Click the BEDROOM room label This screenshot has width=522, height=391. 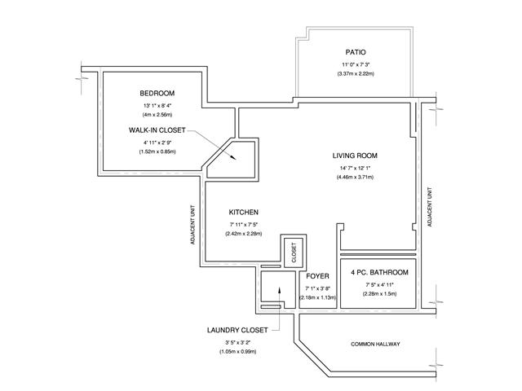[x=157, y=93]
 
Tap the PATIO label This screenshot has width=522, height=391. [x=356, y=52]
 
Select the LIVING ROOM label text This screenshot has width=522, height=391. [x=355, y=156]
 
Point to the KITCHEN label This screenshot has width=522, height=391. [x=243, y=212]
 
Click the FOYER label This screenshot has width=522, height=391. [x=317, y=276]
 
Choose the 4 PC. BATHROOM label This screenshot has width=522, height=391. [x=379, y=272]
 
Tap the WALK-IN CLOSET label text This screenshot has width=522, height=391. [x=157, y=130]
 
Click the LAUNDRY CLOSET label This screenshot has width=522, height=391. [x=237, y=330]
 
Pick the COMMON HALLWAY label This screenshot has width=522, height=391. [x=375, y=344]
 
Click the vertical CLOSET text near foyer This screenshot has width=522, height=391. [x=294, y=253]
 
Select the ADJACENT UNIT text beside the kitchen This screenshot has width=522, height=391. [x=192, y=225]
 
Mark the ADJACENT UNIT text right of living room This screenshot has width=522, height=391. [x=430, y=207]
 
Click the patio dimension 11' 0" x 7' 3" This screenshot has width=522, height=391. [x=356, y=65]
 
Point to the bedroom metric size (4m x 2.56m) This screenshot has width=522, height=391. [x=157, y=115]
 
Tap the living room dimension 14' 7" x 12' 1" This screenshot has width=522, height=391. [x=355, y=169]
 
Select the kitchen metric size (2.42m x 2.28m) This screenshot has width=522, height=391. [x=243, y=234]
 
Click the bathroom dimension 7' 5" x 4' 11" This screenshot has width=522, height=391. [x=379, y=285]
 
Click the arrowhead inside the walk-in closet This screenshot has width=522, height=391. [x=233, y=157]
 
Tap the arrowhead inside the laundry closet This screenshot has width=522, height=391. [x=279, y=289]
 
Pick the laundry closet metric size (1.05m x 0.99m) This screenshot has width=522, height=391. [x=237, y=352]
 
